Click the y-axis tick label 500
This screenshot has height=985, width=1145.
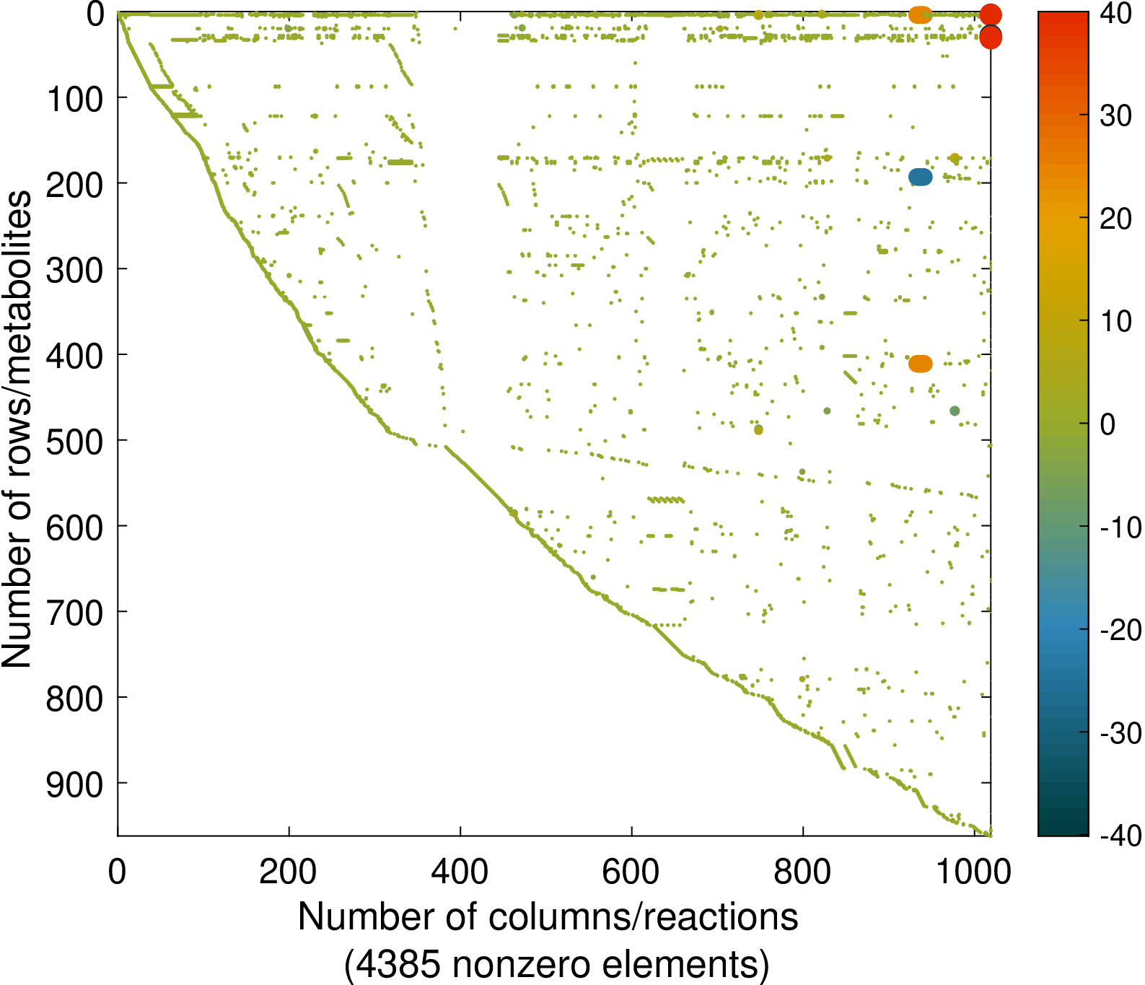point(75,442)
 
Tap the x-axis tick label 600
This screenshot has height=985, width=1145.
point(631,872)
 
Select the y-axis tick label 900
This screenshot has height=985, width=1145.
point(75,785)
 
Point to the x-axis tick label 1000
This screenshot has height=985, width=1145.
point(974,872)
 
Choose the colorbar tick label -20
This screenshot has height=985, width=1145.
point(1120,631)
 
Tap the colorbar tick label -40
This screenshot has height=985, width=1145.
point(1120,836)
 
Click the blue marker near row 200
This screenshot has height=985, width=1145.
point(920,177)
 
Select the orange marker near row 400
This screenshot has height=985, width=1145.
point(920,364)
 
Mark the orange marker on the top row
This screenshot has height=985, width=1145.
point(920,14)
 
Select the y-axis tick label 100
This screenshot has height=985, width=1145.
point(75,99)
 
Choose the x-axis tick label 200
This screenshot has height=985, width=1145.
point(288,872)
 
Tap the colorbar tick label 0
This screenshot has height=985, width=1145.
point(1107,424)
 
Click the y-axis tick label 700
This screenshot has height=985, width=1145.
point(75,613)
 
